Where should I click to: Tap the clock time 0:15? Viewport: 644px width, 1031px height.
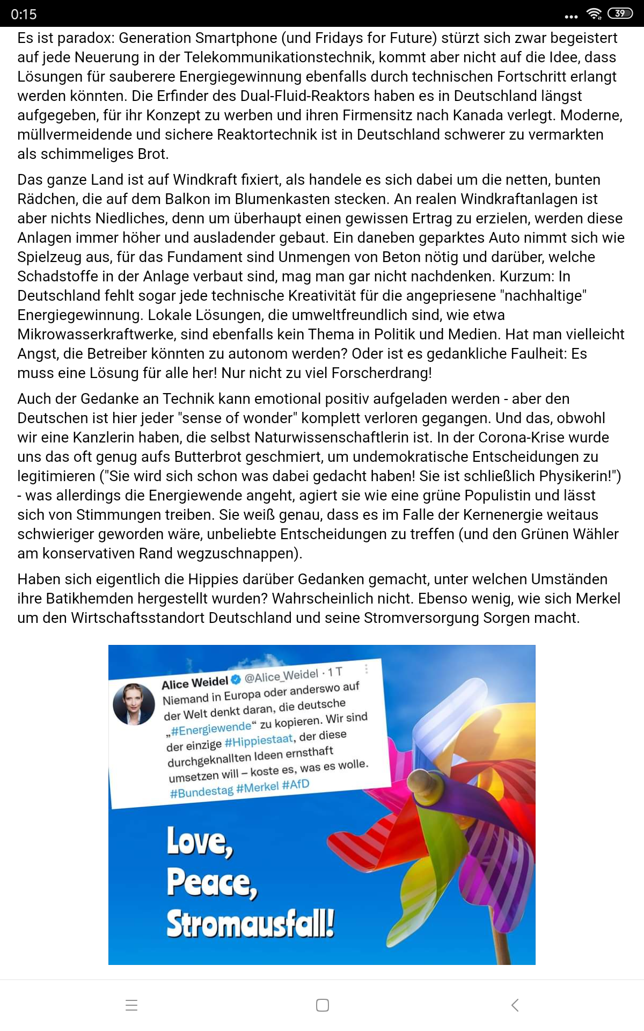[x=24, y=14]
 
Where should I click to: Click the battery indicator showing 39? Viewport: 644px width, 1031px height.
[x=620, y=13]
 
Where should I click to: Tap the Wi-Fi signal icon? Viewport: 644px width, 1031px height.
[x=594, y=14]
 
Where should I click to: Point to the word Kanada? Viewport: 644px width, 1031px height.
[x=478, y=115]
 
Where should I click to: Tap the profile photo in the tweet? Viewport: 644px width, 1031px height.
[x=134, y=703]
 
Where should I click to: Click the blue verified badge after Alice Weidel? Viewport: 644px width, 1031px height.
[x=236, y=680]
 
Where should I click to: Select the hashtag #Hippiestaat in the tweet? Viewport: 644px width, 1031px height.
[x=259, y=741]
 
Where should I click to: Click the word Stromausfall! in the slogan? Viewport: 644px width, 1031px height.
[x=250, y=924]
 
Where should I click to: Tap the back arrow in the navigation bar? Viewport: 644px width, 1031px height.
[x=515, y=1005]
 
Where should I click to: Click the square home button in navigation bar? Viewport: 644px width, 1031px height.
[x=322, y=1005]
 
